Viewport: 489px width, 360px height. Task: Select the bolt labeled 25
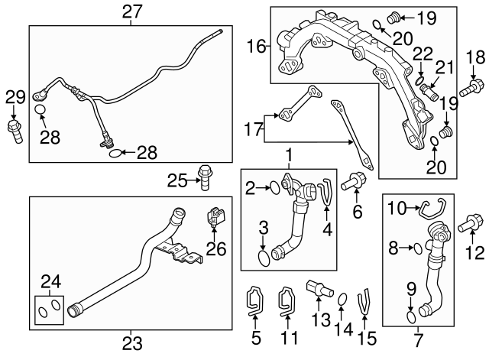pos(204,176)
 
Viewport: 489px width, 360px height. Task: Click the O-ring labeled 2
pos(271,186)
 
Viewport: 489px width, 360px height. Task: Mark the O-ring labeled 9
pos(410,316)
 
